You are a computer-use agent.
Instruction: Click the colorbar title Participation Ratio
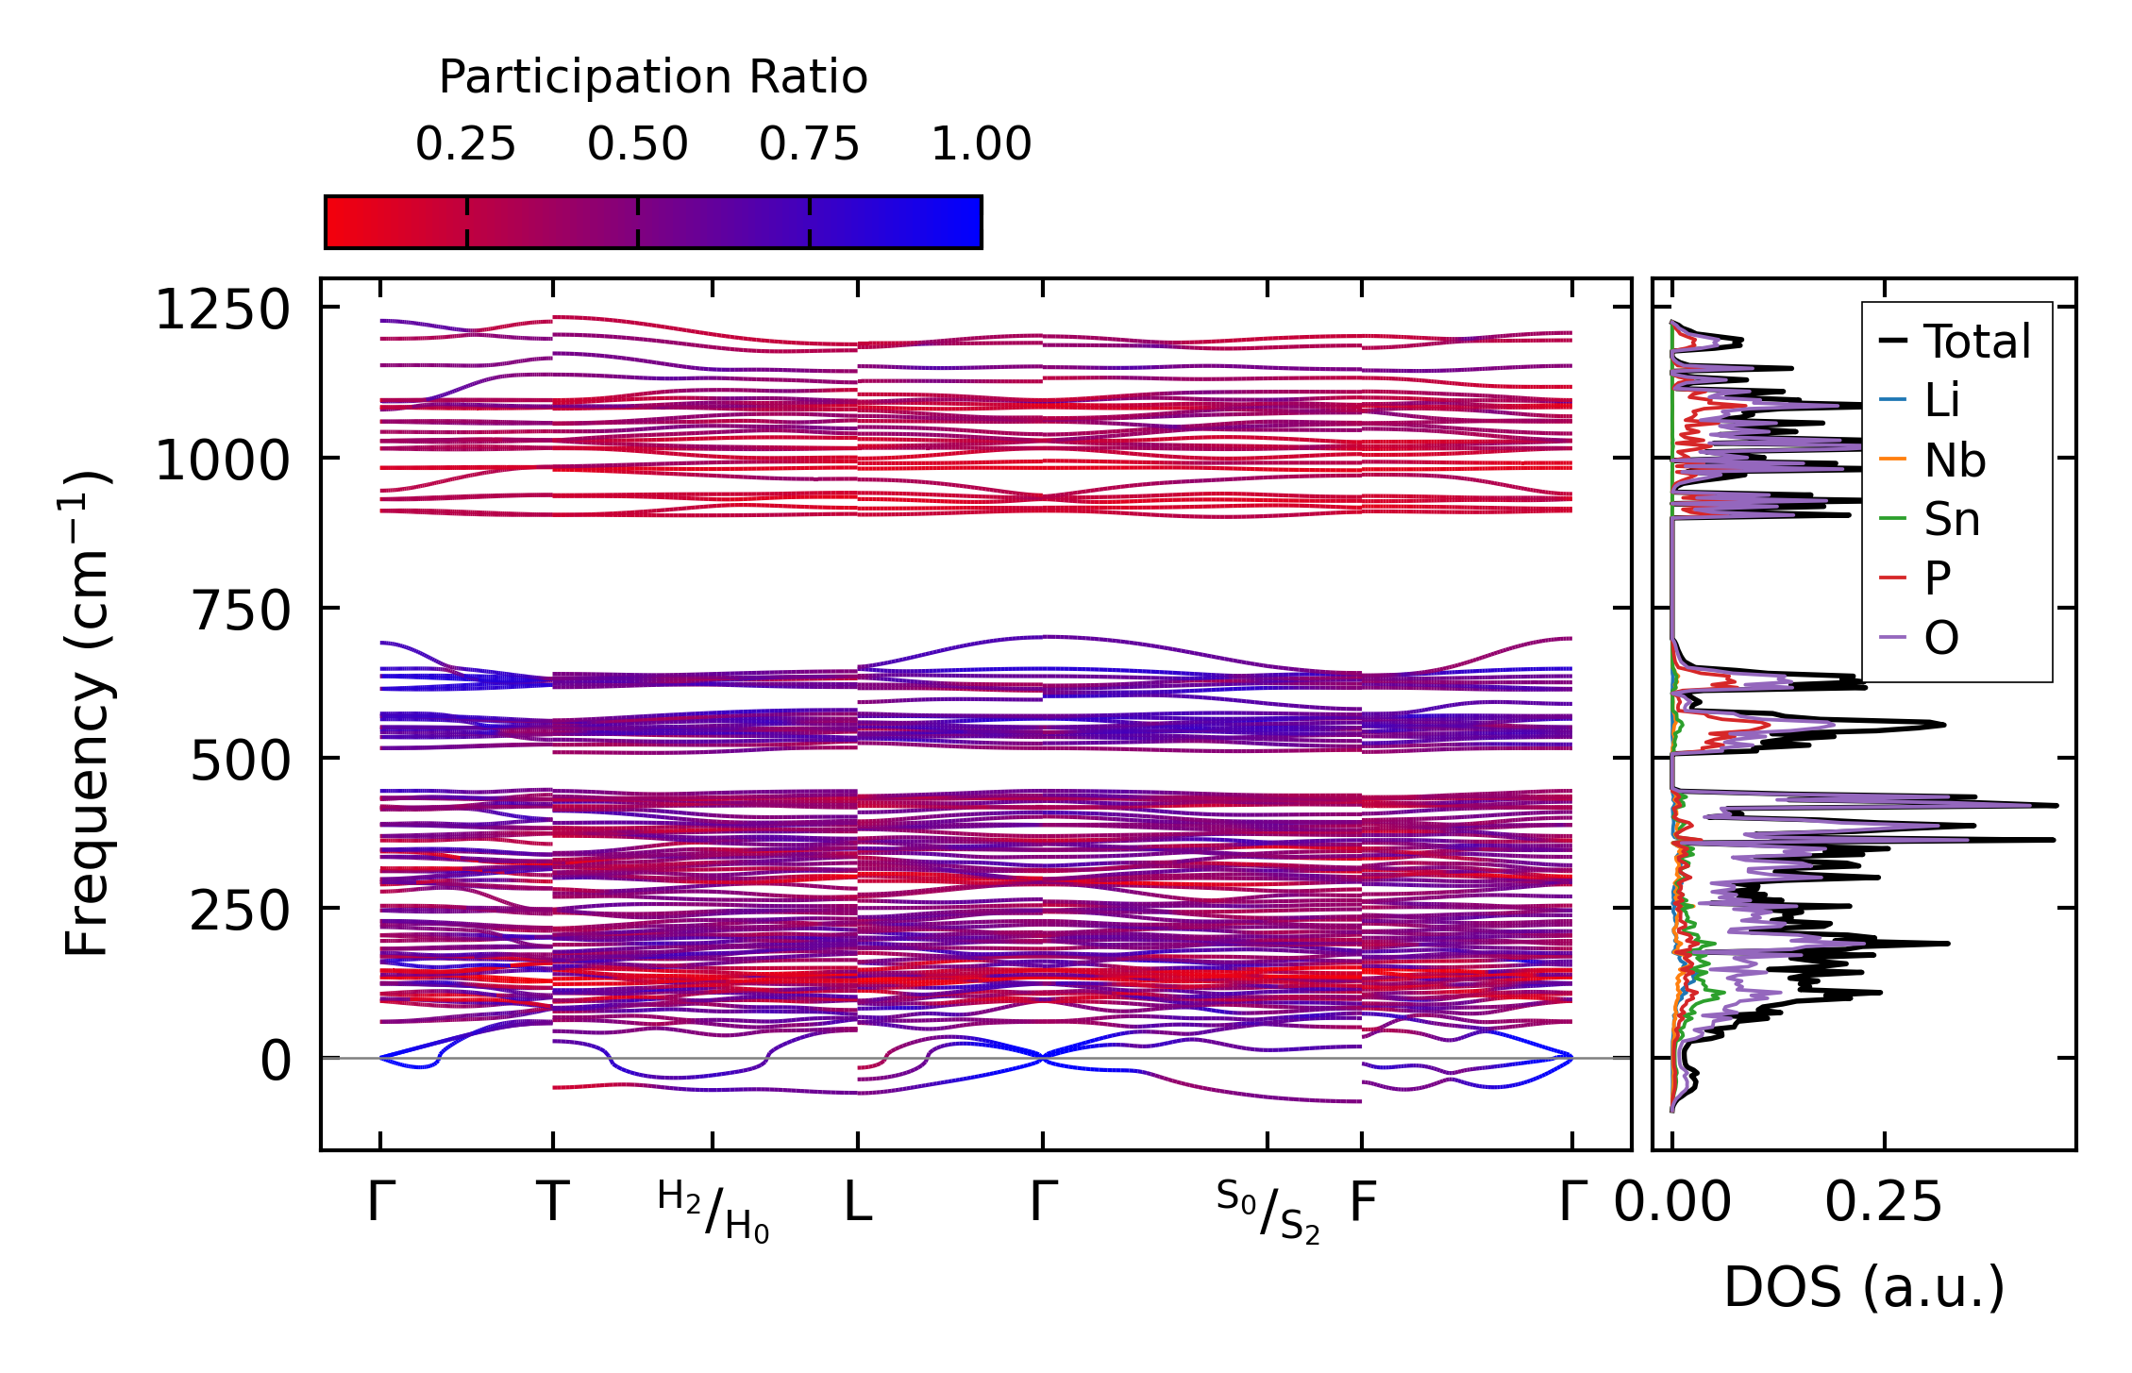pyautogui.click(x=653, y=77)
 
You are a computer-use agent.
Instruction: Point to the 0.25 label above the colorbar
pyautogui.click(x=465, y=145)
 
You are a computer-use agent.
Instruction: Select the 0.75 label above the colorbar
pyautogui.click(x=809, y=145)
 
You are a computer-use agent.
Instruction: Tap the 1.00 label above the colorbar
pyautogui.click(x=982, y=145)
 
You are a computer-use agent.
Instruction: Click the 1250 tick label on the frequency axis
pyautogui.click(x=223, y=310)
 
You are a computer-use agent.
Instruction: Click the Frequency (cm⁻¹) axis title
pyautogui.click(x=87, y=713)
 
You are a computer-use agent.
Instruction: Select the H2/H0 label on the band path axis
pyautogui.click(x=713, y=1211)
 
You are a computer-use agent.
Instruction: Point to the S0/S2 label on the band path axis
pyautogui.click(x=1267, y=1211)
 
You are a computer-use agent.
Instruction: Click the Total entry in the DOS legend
pyautogui.click(x=1976, y=342)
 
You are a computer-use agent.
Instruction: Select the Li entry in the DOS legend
pyautogui.click(x=1942, y=401)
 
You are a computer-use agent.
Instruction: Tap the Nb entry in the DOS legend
pyautogui.click(x=1955, y=461)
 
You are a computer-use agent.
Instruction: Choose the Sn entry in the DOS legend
pyautogui.click(x=1952, y=520)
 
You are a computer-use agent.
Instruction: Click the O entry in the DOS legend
pyautogui.click(x=1940, y=639)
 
